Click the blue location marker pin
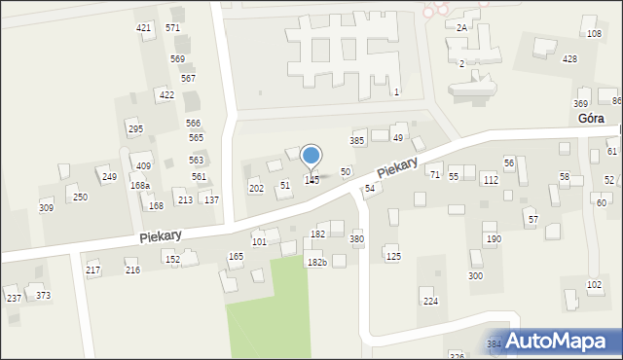(311, 156)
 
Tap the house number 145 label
(311, 180)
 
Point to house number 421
(144, 28)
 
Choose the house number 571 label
(172, 28)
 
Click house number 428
(569, 59)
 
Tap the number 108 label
(594, 34)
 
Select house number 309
(46, 208)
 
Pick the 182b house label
(316, 263)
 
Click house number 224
(430, 302)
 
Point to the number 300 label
(475, 276)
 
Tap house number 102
(594, 284)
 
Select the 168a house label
(140, 186)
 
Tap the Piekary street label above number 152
(160, 235)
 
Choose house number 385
(357, 141)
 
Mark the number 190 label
(494, 239)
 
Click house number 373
(43, 295)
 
